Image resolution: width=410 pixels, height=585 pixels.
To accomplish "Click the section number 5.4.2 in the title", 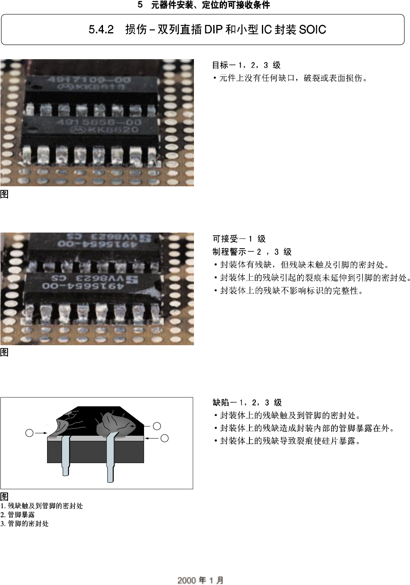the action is coord(101,30).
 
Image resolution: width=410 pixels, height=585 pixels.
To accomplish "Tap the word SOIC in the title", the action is coord(312,30).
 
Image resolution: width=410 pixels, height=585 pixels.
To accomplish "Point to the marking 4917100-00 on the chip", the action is coord(89,80).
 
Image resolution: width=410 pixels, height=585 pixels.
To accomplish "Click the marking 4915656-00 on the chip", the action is coord(99,122).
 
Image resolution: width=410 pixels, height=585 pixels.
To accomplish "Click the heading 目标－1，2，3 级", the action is coord(246,65).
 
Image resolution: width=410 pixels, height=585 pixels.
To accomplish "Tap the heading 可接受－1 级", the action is coord(239,239).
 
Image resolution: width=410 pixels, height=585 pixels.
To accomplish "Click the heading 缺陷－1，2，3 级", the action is coord(247,402).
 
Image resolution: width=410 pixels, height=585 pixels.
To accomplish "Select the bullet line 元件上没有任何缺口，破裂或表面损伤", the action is coord(293,78).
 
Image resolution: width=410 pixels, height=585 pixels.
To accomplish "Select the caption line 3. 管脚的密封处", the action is coord(25,523).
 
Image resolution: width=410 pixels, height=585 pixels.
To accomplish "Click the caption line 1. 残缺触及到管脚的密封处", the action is coord(42,506).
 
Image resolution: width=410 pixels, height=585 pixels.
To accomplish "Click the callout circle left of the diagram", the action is coord(29,433).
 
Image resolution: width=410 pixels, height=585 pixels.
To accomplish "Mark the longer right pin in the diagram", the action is coord(111,459).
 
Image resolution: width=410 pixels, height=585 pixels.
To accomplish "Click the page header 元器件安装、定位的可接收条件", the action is coord(210,5).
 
